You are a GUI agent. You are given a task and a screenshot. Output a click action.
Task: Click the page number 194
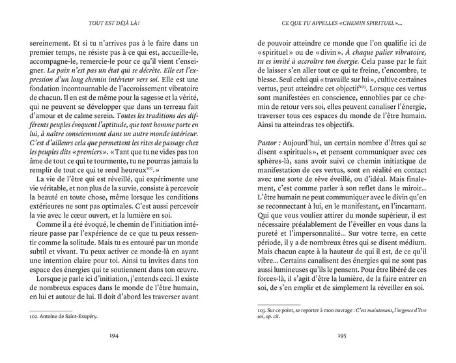[115, 338]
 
